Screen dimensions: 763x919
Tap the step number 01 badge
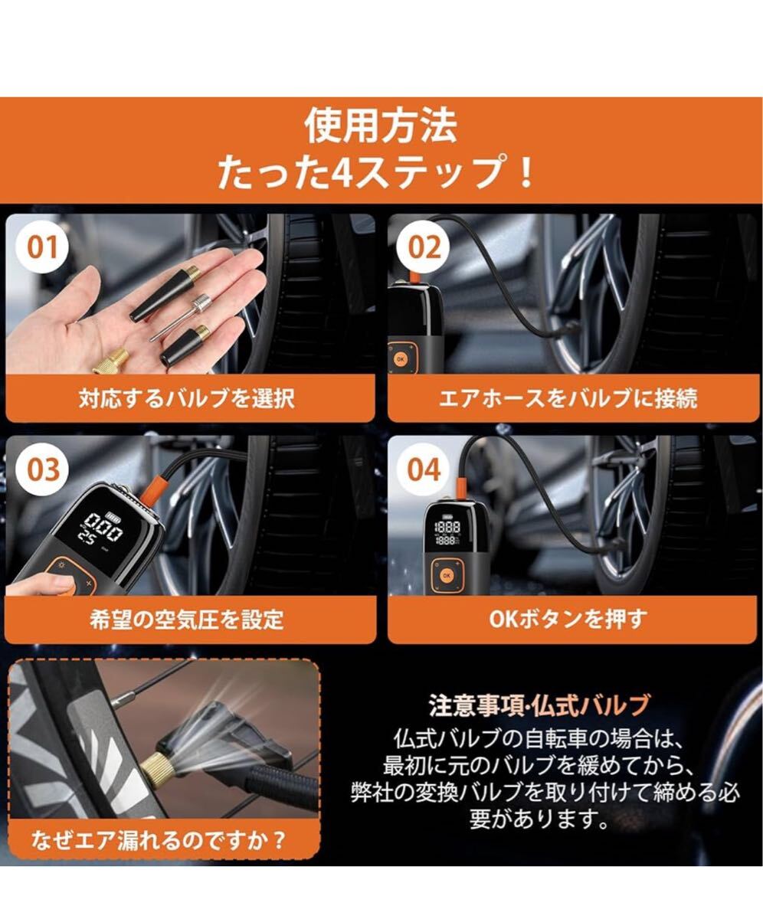42,247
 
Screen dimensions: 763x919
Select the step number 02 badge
423,247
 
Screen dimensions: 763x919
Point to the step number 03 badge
43,469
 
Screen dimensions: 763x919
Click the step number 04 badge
424,469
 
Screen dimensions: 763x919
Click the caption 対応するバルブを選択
187,398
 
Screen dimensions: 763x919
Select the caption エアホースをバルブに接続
568,398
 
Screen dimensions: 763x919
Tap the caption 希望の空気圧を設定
187,620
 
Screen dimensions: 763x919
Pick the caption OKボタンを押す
568,620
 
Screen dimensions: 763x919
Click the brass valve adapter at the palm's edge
110,361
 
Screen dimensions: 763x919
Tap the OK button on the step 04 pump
447,575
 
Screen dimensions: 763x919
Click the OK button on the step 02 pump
400,359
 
